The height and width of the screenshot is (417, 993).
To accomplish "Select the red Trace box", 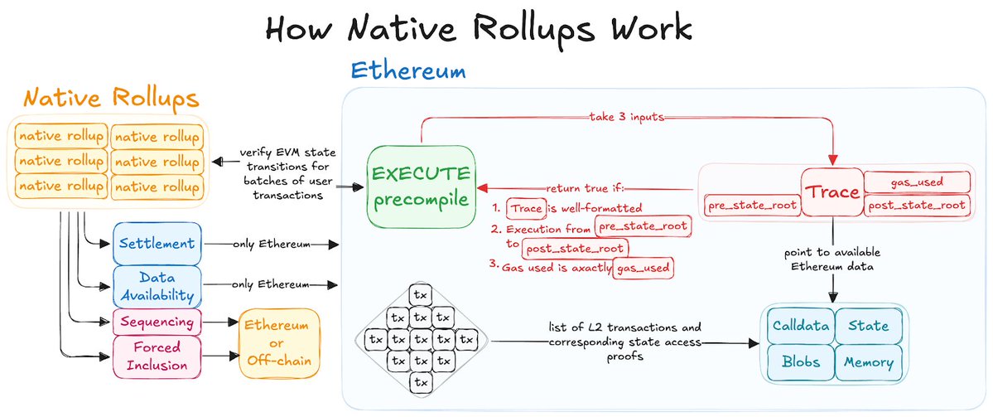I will [x=832, y=192].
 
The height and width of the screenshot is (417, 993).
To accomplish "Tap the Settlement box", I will [x=157, y=244].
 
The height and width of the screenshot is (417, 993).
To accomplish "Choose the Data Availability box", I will [x=157, y=285].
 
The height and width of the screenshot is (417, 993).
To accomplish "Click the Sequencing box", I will [x=157, y=322].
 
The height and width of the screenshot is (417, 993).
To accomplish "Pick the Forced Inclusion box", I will [x=157, y=355].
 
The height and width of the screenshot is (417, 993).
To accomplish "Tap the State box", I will [x=868, y=326].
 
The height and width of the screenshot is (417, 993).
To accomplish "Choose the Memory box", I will [x=869, y=362].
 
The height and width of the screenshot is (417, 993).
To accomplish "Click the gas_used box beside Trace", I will [x=916, y=182].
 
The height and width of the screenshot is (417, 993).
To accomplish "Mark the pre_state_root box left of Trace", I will [x=752, y=205].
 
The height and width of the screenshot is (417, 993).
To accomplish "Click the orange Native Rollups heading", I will [x=111, y=99].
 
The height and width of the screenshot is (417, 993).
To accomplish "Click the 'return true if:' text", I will [x=590, y=187].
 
